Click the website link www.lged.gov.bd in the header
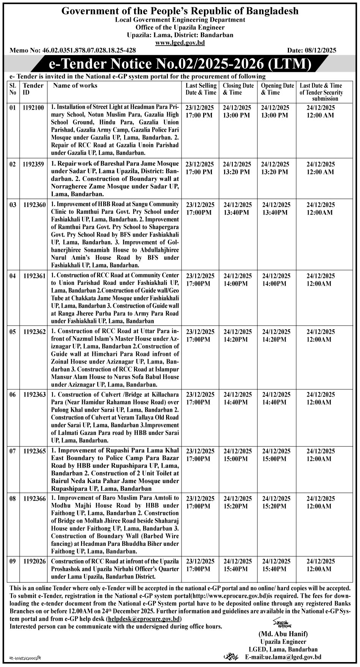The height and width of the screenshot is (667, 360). (x=180, y=43)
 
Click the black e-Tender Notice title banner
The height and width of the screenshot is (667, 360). (x=180, y=63)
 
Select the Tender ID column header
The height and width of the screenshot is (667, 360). (x=33, y=89)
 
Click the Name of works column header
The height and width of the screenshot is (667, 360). (x=75, y=85)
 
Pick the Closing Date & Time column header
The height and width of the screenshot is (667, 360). (x=238, y=89)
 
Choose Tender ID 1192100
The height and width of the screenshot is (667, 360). (x=33, y=108)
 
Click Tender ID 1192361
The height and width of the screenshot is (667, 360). (x=34, y=276)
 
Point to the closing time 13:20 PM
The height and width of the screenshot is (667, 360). (x=237, y=172)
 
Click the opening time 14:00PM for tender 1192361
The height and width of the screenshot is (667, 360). (x=275, y=284)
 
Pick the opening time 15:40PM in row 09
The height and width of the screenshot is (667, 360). (x=275, y=569)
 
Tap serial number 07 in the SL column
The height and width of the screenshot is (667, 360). (x=13, y=451)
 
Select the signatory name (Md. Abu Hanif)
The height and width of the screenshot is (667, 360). (x=283, y=634)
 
